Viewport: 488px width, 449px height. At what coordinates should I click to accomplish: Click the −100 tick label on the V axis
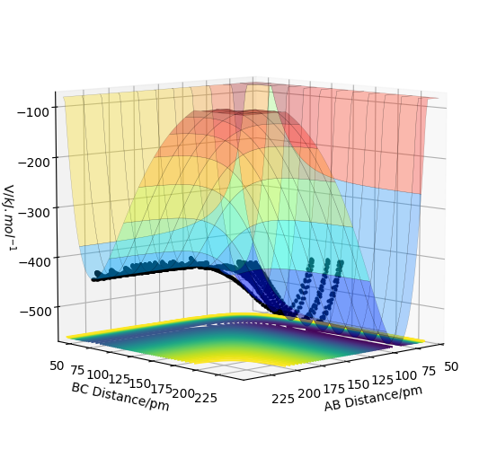[x=33, y=112]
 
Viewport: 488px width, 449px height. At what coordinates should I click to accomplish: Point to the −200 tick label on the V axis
[x=33, y=163]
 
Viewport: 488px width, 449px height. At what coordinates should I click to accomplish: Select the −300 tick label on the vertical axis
[x=34, y=213]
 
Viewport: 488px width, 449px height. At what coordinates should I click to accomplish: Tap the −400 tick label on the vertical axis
[x=35, y=262]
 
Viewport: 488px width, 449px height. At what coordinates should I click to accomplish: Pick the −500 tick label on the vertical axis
[x=35, y=312]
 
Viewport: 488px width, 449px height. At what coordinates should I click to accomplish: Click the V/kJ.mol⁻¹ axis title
[x=9, y=217]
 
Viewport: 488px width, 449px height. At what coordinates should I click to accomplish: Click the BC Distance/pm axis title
[x=120, y=396]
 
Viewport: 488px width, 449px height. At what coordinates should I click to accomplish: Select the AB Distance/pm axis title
[x=374, y=399]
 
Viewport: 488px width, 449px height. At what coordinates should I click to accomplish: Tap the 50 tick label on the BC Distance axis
[x=57, y=366]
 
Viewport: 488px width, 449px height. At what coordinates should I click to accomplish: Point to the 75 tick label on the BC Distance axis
[x=77, y=370]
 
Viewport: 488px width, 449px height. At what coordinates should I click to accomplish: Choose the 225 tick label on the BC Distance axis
[x=206, y=398]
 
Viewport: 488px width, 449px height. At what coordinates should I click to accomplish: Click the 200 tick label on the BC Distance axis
[x=183, y=393]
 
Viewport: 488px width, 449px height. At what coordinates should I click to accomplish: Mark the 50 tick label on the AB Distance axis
[x=451, y=366]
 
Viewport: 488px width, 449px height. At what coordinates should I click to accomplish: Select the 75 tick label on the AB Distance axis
[x=429, y=371]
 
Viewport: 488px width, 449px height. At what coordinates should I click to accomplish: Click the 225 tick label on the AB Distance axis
[x=283, y=399]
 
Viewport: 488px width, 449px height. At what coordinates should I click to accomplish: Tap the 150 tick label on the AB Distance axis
[x=359, y=384]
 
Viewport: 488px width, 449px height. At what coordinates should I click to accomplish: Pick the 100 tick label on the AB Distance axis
[x=406, y=375]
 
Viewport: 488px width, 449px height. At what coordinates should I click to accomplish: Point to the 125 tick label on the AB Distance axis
[x=383, y=380]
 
